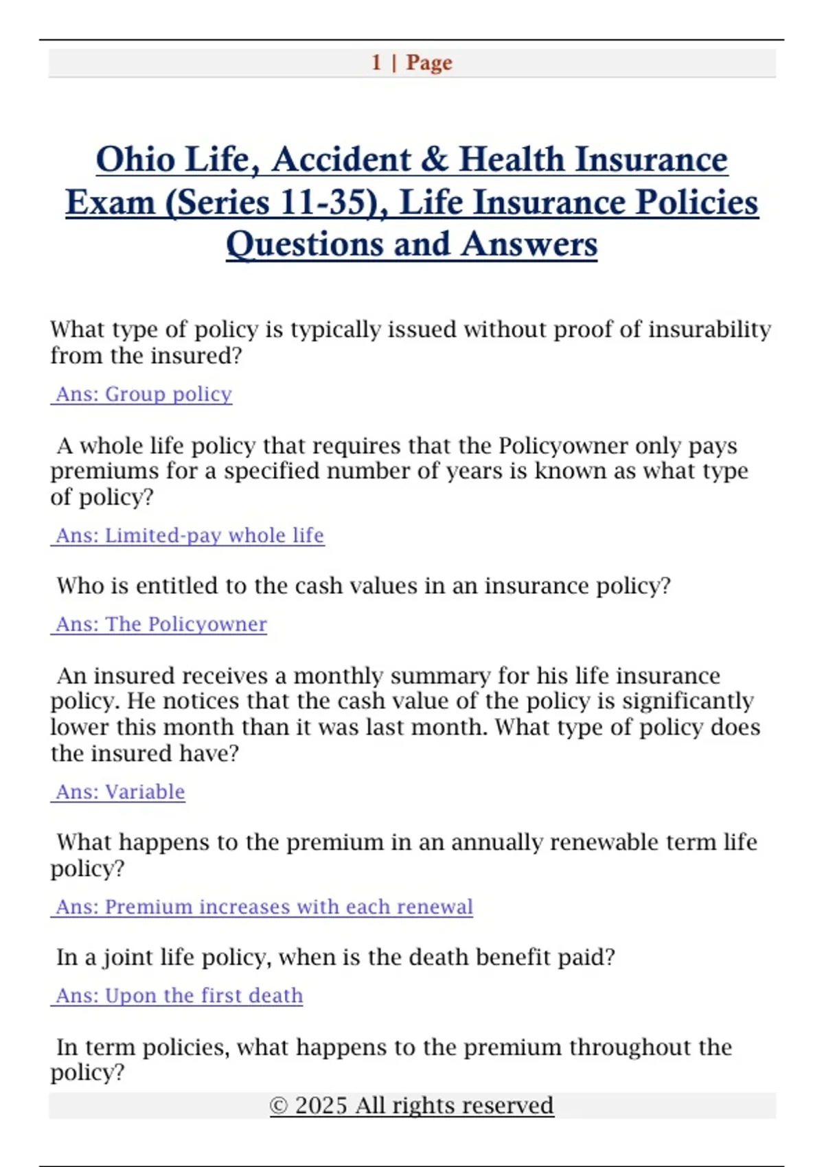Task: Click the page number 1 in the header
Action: pos(376,62)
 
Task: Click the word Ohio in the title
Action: pos(135,159)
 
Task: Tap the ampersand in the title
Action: pos(434,159)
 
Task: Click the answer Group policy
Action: pos(168,394)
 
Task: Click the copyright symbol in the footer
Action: pos(278,1106)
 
